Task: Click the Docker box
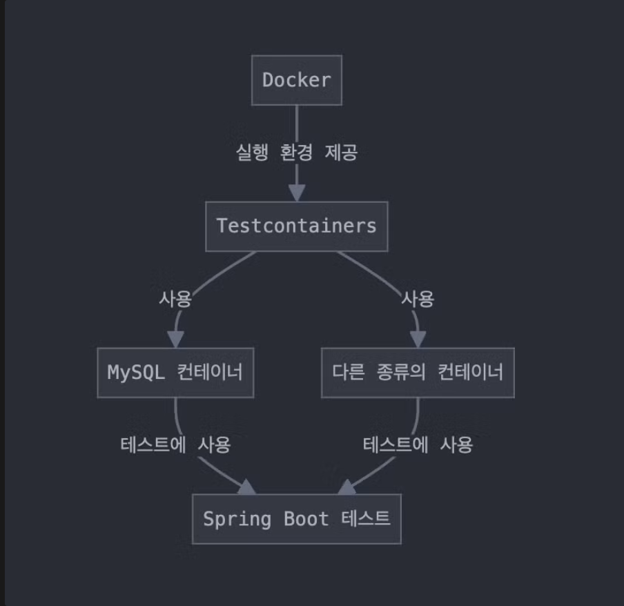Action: tap(296, 80)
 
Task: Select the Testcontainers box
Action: tap(296, 226)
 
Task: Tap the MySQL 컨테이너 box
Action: tap(175, 373)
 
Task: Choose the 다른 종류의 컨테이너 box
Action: tap(418, 373)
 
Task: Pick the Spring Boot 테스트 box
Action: tap(296, 518)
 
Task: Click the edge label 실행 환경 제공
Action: tap(296, 153)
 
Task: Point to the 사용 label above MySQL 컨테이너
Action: tap(175, 299)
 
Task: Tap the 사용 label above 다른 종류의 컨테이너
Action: tap(418, 299)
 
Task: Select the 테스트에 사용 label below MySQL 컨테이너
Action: tap(175, 445)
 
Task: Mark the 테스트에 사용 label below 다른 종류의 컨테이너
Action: tap(418, 445)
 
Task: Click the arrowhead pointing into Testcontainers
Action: tap(296, 193)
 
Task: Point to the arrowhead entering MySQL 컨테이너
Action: tap(175, 339)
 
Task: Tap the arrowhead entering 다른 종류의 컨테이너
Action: tap(418, 339)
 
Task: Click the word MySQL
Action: tap(135, 373)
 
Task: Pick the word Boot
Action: tap(306, 518)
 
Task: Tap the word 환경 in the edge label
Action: tap(296, 153)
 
